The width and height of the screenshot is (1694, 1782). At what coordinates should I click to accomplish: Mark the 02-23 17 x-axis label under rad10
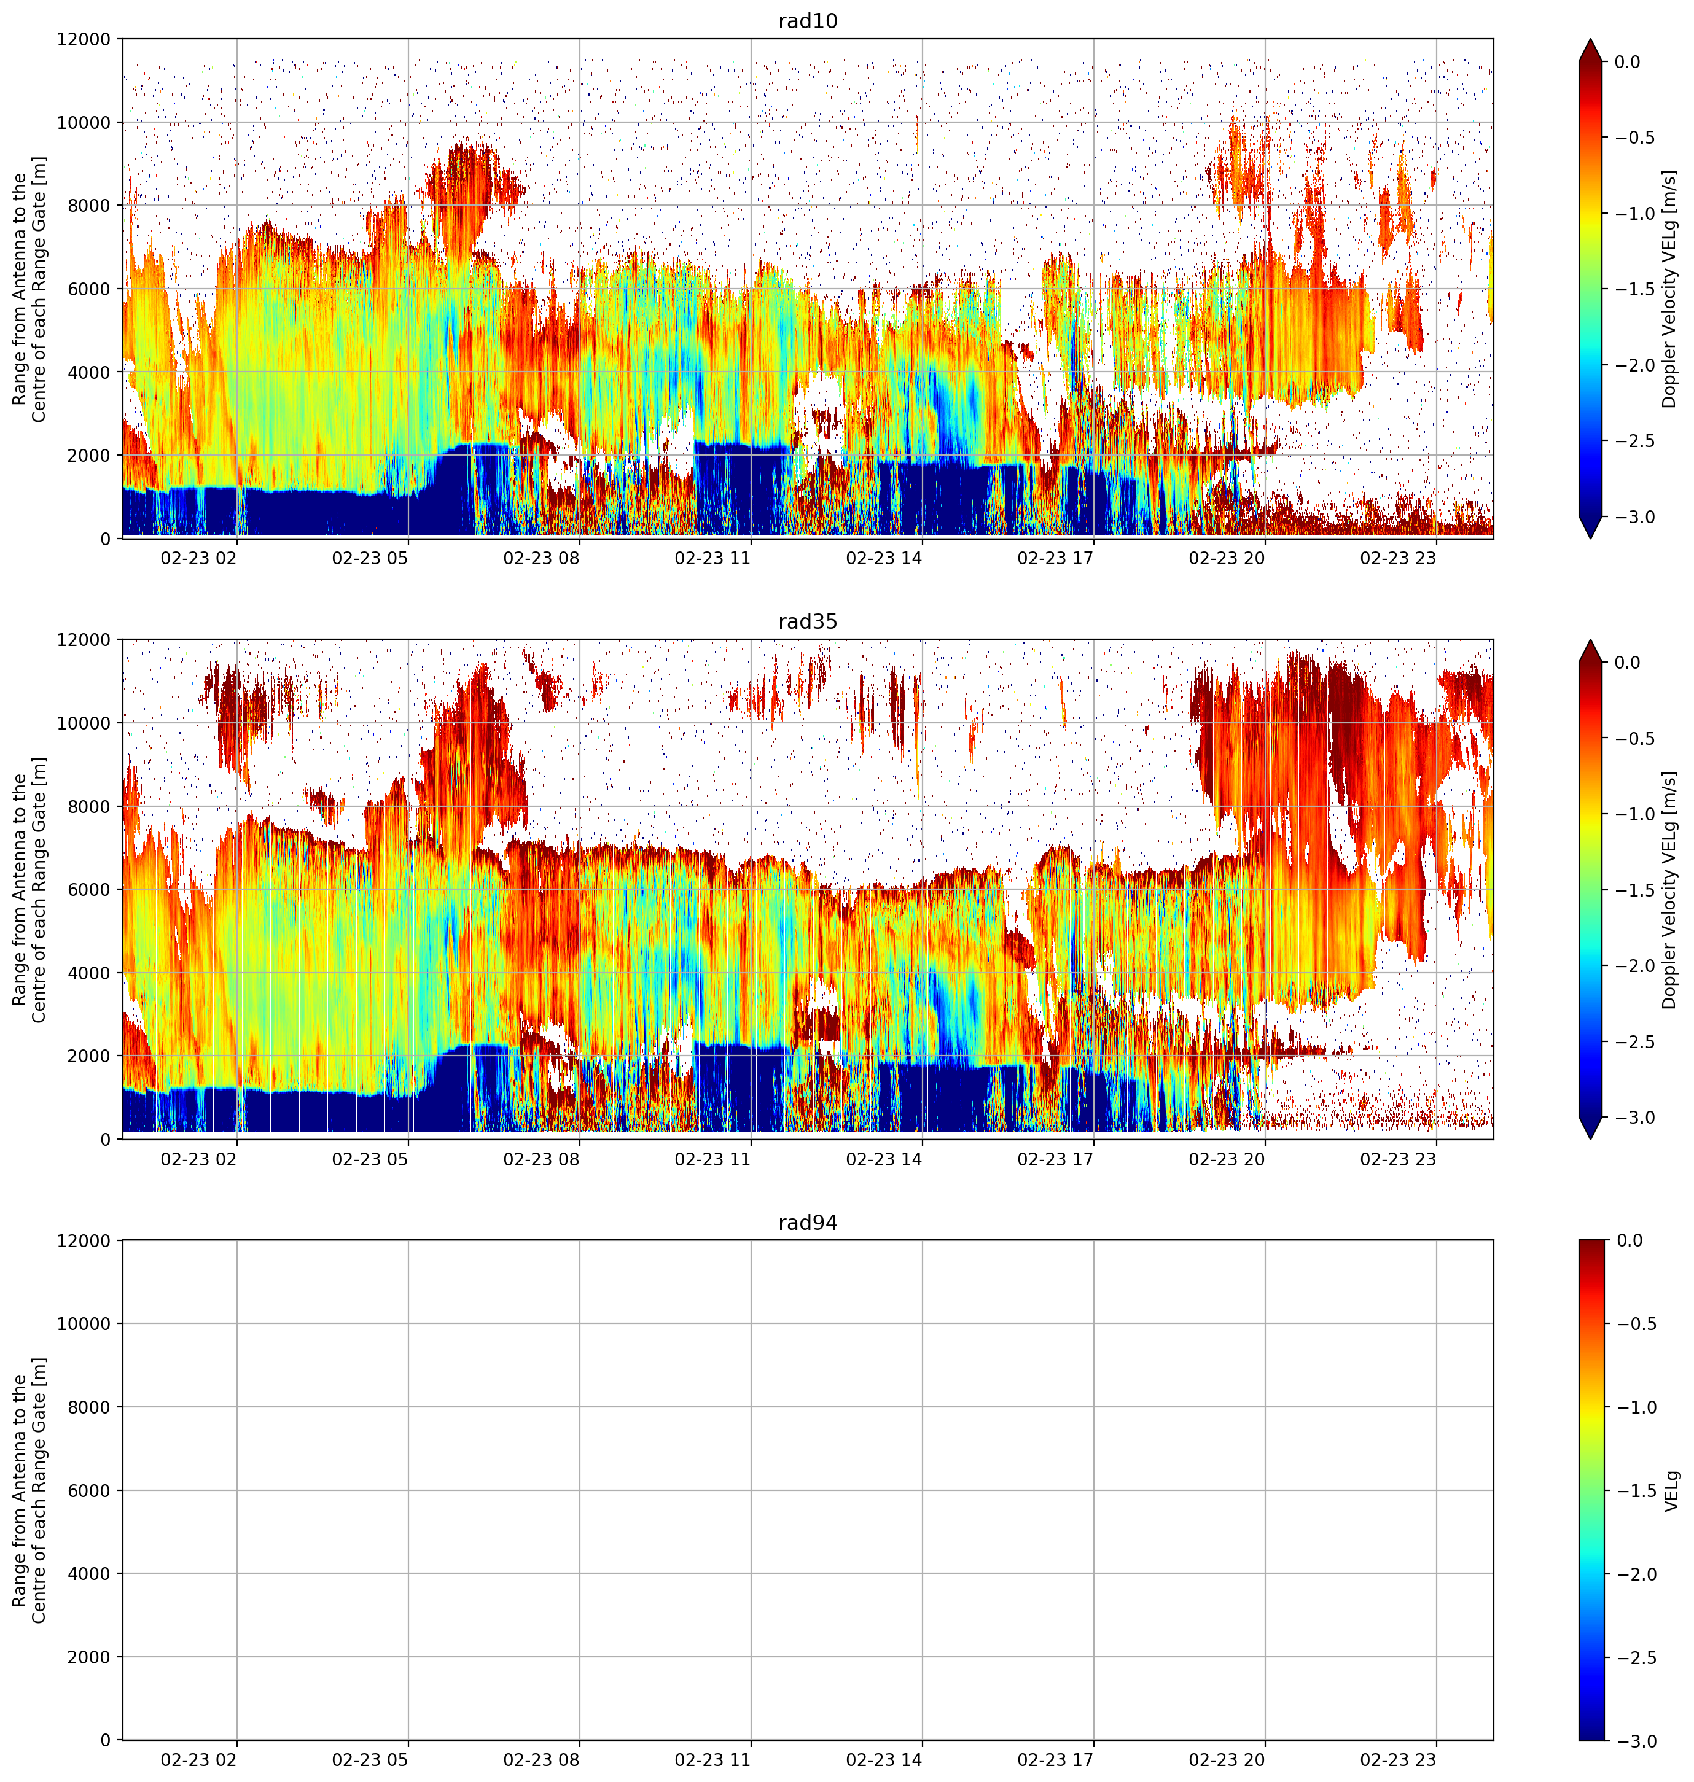tap(1056, 558)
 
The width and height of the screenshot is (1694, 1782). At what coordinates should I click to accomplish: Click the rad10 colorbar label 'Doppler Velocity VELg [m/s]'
tap(1669, 289)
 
